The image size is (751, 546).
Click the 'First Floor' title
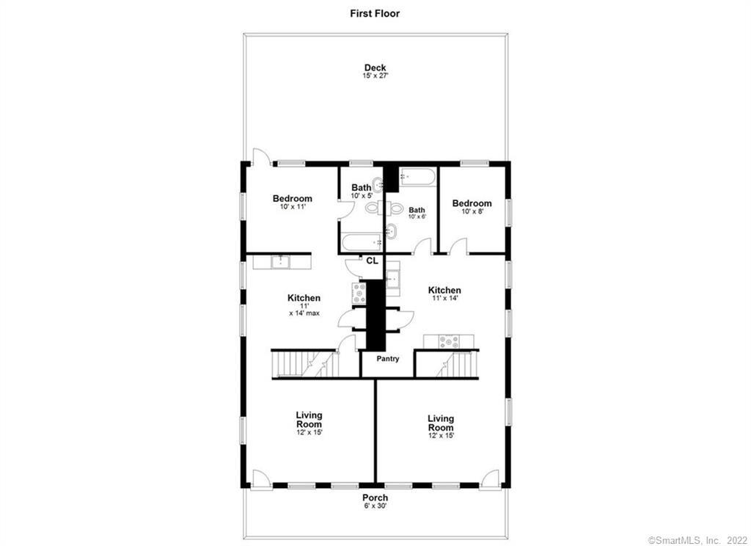[375, 13]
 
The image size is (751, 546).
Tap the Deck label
[375, 71]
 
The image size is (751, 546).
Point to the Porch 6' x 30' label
[375, 502]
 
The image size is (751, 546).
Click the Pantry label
[388, 359]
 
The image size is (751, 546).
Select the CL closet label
[372, 261]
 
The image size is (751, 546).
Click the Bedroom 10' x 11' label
[292, 202]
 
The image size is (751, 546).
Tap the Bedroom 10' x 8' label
[472, 207]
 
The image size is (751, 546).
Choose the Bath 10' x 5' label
[361, 191]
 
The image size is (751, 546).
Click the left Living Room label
[309, 423]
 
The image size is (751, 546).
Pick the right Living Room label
[441, 426]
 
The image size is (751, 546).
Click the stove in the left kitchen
[359, 293]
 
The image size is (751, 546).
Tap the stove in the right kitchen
[448, 341]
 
